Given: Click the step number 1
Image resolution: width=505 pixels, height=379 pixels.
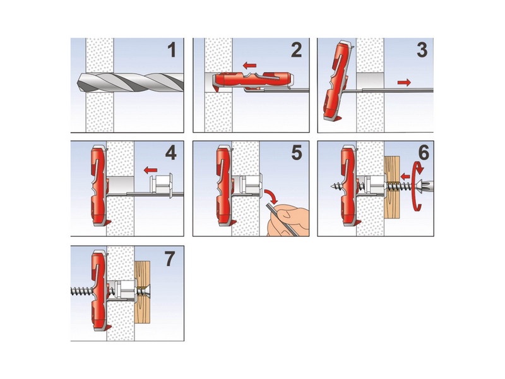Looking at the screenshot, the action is click(x=172, y=51).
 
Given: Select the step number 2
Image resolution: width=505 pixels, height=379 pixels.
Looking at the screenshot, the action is click(x=297, y=51).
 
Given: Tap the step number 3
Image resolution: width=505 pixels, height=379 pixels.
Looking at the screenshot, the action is click(x=422, y=51).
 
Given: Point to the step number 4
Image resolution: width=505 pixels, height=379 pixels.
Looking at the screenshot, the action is click(x=171, y=153).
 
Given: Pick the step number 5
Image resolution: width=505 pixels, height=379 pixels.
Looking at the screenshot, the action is click(x=297, y=153).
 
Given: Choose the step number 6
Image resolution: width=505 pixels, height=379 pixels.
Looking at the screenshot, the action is click(x=424, y=153).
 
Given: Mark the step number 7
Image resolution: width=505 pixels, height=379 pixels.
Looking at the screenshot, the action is click(x=170, y=259).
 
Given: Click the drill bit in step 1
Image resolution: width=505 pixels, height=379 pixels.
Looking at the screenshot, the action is click(x=130, y=82).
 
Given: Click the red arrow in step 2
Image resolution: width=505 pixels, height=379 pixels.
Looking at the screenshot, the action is click(x=249, y=66).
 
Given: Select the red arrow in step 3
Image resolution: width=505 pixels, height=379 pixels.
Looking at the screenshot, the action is click(x=404, y=83).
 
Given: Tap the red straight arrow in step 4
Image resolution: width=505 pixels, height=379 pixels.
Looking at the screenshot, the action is click(x=150, y=169).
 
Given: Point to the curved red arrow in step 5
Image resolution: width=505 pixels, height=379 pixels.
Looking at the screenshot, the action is click(x=271, y=196).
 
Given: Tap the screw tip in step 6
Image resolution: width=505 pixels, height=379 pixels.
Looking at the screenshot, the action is click(x=333, y=186).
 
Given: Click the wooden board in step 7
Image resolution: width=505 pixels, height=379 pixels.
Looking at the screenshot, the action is click(x=143, y=292).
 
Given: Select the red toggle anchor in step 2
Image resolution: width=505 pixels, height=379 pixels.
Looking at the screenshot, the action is click(x=253, y=81).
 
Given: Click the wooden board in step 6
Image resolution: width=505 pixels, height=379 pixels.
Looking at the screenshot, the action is click(x=392, y=186).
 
